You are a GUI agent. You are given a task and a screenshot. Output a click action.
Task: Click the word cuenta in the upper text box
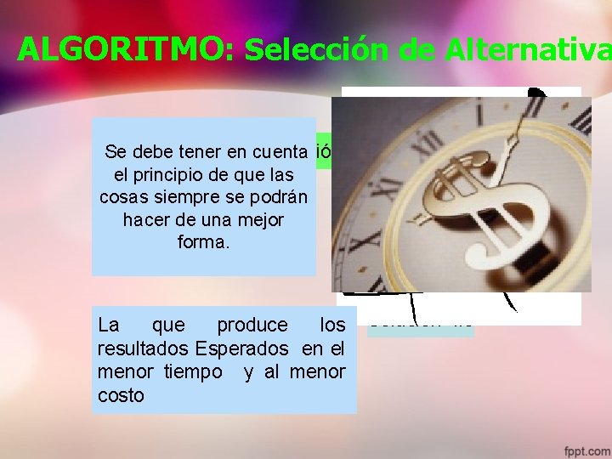277,152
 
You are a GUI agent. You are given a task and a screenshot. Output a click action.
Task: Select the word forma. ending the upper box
203,241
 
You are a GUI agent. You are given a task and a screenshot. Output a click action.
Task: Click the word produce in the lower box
252,325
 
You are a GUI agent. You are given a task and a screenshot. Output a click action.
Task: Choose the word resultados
144,348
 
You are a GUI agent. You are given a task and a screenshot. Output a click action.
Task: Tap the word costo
122,395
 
